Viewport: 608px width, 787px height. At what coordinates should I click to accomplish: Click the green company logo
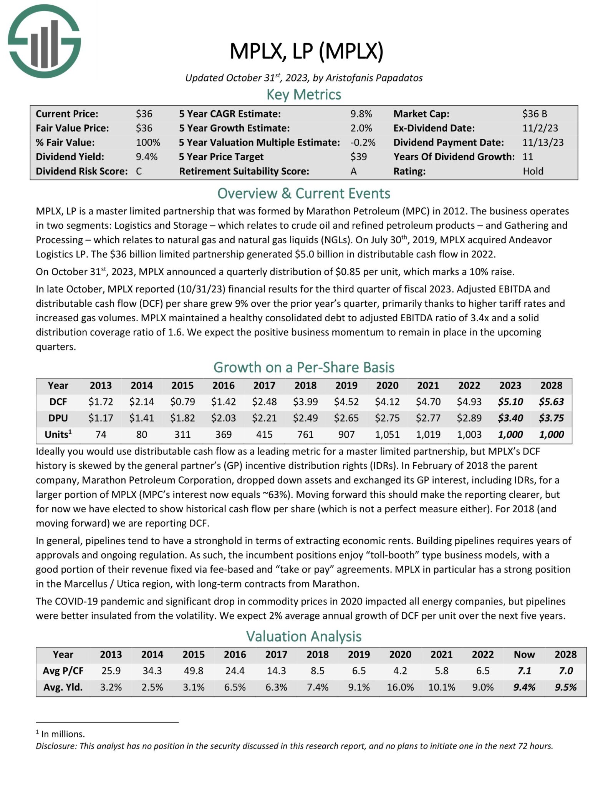coord(44,42)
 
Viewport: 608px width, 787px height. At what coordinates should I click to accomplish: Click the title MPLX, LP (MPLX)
coord(306,51)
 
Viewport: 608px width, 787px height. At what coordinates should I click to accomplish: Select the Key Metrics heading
coord(303,95)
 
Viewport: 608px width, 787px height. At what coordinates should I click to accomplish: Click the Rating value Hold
coord(533,171)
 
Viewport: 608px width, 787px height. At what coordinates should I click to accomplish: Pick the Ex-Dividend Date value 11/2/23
coord(540,128)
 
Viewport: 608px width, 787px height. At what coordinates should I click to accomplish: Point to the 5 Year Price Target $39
coord(358,157)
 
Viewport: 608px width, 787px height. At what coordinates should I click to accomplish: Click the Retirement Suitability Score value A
coord(353,171)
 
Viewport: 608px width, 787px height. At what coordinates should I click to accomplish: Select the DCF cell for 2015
coord(182,402)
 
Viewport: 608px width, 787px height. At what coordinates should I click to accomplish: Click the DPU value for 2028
coord(551,418)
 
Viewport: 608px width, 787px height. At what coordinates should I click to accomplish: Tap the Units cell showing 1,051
coord(387,435)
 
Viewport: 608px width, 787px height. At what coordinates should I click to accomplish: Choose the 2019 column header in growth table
coord(346,385)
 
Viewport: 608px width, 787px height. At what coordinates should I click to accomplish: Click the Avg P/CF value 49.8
coord(193,671)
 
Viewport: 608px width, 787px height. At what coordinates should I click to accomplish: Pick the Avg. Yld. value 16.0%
coord(400,687)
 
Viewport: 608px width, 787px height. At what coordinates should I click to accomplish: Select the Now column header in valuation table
coord(524,654)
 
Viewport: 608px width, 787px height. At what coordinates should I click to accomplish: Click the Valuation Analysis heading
coord(303,636)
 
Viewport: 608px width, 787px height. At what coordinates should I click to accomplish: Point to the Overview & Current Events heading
coord(303,193)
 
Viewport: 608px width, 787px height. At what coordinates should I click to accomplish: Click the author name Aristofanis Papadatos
coord(374,78)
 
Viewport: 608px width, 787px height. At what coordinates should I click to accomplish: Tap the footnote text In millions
coord(63,734)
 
